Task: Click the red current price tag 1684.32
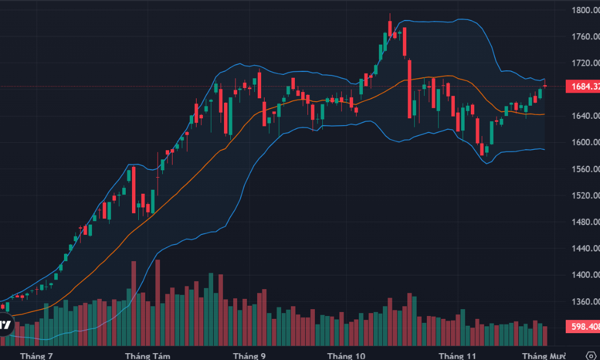coord(582,87)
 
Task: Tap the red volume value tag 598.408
coord(582,327)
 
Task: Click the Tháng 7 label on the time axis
coord(36,356)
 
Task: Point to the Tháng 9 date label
coord(249,356)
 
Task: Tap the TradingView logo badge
coord(5,325)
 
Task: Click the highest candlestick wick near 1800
coord(390,17)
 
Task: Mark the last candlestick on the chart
coord(545,86)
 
